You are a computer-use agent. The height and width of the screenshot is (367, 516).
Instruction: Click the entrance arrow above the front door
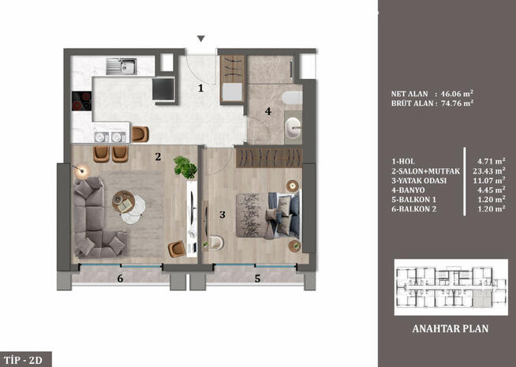pyautogui.click(x=201, y=39)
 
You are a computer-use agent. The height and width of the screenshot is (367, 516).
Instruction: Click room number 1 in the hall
pyautogui.click(x=201, y=88)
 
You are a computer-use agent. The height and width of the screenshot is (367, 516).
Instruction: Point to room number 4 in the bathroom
pyautogui.click(x=268, y=111)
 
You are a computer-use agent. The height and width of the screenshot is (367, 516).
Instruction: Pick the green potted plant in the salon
pyautogui.click(x=185, y=166)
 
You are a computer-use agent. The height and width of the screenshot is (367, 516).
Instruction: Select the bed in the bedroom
pyautogui.click(x=273, y=214)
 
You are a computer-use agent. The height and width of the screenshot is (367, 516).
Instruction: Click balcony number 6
pyautogui.click(x=120, y=279)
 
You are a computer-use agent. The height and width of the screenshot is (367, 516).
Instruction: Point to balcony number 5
pyautogui.click(x=257, y=278)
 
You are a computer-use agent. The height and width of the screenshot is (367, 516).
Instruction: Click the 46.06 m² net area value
pyautogui.click(x=455, y=92)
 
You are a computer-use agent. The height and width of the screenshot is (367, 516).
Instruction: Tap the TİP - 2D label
pyautogui.click(x=27, y=360)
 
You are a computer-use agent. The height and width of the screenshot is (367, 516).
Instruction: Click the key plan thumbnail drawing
pyautogui.click(x=445, y=287)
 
